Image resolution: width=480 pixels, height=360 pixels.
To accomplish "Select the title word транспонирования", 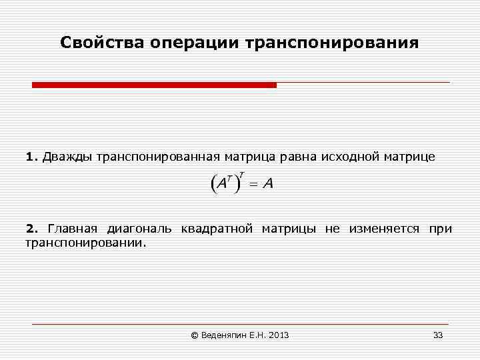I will (333, 43).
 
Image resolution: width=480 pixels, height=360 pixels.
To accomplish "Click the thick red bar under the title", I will (154, 85).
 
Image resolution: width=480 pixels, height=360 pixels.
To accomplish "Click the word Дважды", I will (69, 157).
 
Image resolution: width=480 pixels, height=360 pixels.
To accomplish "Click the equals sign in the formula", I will (253, 184).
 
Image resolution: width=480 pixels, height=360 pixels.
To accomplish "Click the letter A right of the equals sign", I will (267, 184).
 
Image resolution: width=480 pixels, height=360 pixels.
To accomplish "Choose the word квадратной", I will (217, 229).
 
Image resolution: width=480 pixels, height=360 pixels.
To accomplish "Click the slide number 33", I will (438, 335).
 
